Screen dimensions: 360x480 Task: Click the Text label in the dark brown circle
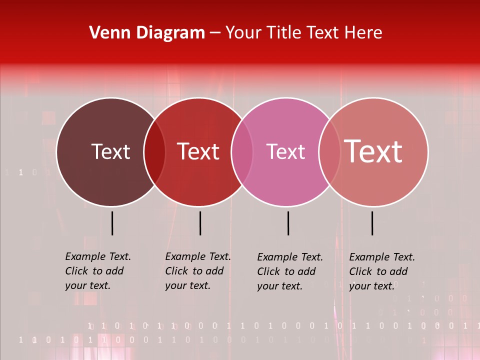[110, 151]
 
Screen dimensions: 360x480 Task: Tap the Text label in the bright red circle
[198, 151]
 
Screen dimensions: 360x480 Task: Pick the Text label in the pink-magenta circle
[285, 151]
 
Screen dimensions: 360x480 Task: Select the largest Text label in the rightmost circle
[373, 151]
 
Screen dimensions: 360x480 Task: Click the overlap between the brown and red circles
[154, 151]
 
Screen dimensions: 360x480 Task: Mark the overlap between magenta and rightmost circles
[328, 151]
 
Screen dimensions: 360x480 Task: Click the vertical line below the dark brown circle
[112, 223]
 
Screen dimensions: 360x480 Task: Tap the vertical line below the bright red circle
[200, 223]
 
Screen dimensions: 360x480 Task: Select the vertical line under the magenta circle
[288, 223]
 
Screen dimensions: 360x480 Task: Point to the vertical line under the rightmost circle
[372, 223]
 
